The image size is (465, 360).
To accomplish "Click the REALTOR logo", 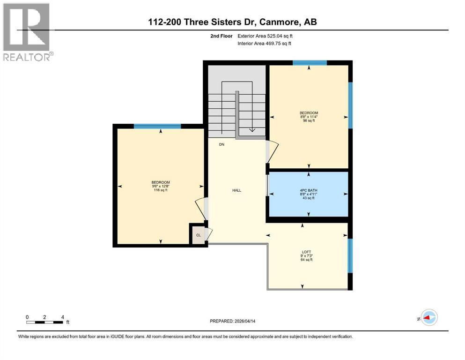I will coord(27,31).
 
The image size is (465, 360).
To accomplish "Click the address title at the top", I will coord(232,22).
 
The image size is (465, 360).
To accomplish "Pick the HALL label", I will coord(236,190).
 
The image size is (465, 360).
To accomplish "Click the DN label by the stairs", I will coord(222,144).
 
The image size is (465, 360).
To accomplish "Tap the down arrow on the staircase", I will coord(252,130).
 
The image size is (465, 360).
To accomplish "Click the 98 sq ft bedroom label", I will coord(309,116).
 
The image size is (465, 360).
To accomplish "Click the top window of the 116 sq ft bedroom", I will coord(157,126).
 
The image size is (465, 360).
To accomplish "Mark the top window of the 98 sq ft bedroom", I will coord(310,62).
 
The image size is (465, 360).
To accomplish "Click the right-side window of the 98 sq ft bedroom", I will coord(350,105).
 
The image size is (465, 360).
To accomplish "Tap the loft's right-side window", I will coord(350,255).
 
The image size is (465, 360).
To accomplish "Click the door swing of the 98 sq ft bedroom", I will coord(273,151).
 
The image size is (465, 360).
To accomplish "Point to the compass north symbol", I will coord(428,318).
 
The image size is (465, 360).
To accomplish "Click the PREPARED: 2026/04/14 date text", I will coord(232,321).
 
